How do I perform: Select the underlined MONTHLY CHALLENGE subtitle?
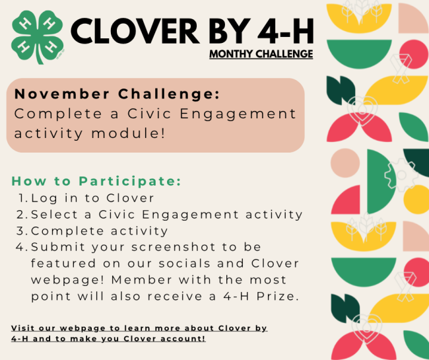pos(261,54)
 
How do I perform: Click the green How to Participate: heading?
pos(96,181)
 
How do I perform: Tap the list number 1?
pos(22,198)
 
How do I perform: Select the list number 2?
pos(22,214)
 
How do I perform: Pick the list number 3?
pos(22,231)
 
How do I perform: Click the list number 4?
pos(22,247)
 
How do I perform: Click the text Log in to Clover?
pos(92,198)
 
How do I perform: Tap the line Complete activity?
pos(99,231)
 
